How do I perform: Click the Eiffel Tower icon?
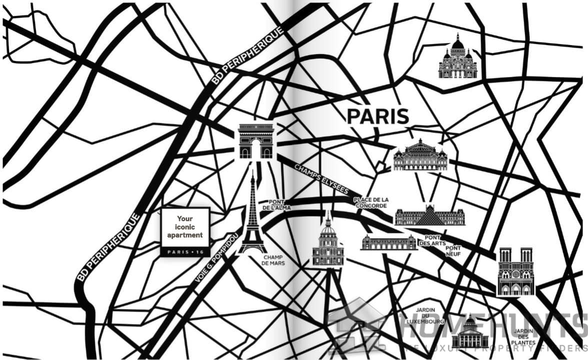pos(252,220)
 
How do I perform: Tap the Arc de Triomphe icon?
pos(256,141)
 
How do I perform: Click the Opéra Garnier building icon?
pos(420,156)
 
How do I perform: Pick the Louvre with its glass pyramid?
pos(429,215)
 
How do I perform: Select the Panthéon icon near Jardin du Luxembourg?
pos(469,333)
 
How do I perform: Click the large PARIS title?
pos(378,116)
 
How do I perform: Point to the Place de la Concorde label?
pos(370,202)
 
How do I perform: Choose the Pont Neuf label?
pos(453,251)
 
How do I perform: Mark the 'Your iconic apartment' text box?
pos(185,227)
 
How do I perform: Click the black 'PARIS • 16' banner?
pos(185,251)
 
